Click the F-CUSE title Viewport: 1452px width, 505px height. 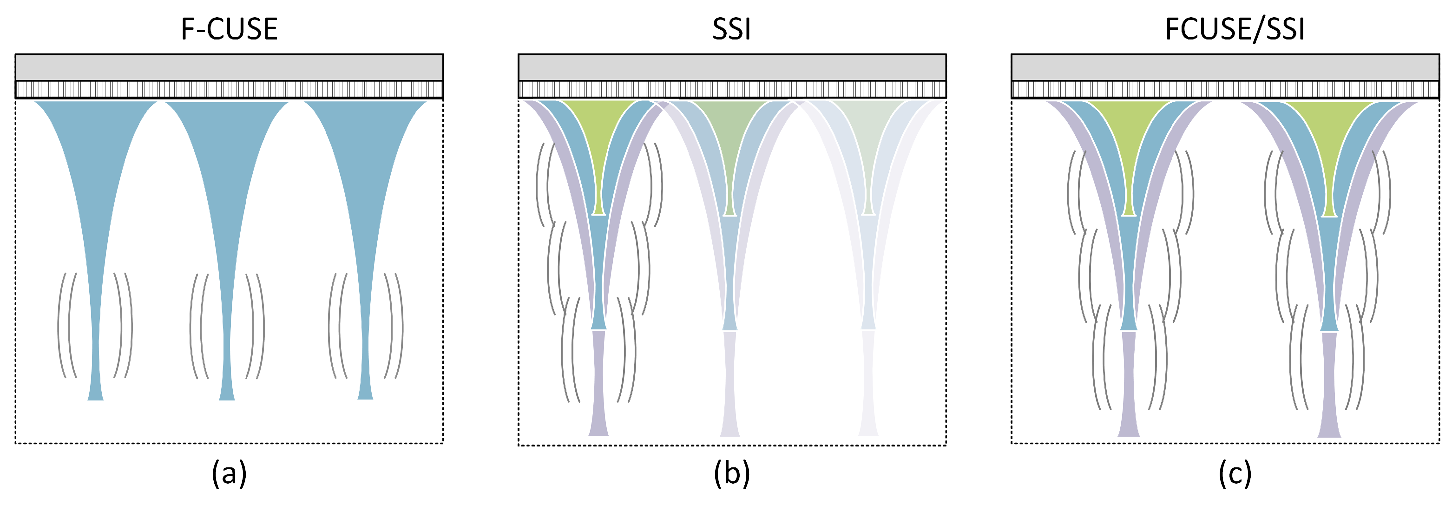click(x=229, y=29)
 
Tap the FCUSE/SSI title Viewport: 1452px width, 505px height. click(x=1235, y=29)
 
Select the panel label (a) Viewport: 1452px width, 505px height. click(x=229, y=473)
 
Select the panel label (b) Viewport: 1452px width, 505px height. click(x=732, y=473)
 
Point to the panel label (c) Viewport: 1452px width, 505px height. click(x=1235, y=473)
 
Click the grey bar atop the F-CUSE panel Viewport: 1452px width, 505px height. click(x=229, y=68)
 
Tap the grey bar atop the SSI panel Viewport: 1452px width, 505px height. click(x=732, y=68)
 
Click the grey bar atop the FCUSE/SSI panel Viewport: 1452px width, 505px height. click(x=1225, y=68)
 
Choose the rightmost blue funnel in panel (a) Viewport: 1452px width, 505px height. click(x=365, y=197)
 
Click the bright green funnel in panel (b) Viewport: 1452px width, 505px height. click(x=598, y=135)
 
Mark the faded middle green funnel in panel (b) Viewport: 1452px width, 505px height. click(x=729, y=135)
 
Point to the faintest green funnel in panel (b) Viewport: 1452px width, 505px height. click(x=868, y=135)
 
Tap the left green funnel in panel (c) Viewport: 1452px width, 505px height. click(x=1129, y=135)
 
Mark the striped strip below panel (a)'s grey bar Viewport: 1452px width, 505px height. click(x=229, y=89)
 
